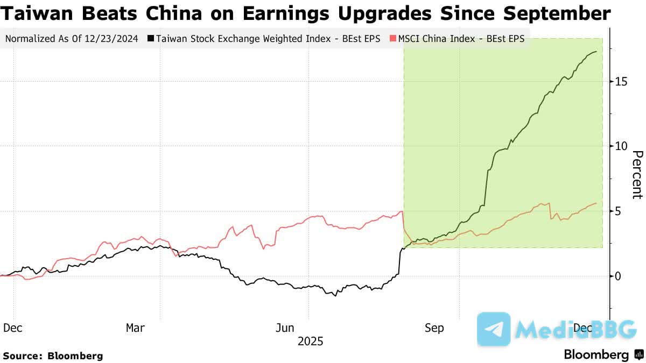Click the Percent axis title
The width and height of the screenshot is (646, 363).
637,175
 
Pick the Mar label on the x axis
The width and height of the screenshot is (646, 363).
135,328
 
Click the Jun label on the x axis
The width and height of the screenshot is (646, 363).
285,328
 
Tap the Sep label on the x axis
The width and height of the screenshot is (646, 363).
434,328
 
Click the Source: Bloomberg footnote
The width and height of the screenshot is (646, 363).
53,355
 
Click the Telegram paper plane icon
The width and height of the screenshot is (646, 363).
494,329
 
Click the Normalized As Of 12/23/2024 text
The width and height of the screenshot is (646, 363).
72,39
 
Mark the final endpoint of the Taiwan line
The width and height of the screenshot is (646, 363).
596,52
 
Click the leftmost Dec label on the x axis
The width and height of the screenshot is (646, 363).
13,328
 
